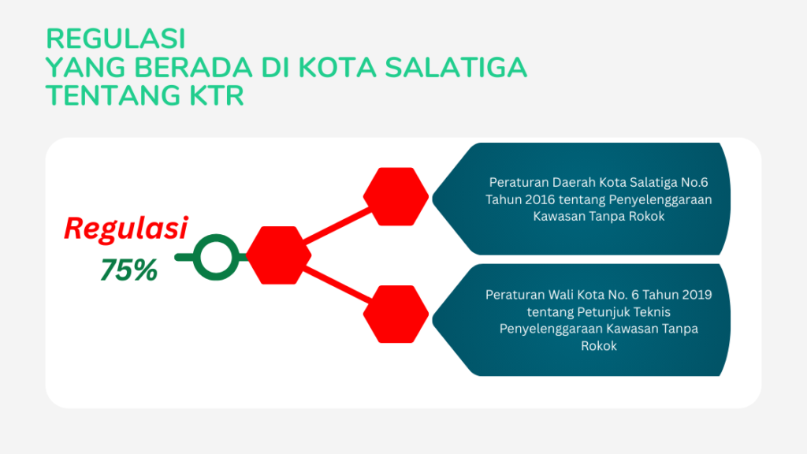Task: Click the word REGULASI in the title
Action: (x=115, y=39)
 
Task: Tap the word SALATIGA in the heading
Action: (x=456, y=68)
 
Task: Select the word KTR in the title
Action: (x=217, y=95)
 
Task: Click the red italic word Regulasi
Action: (x=126, y=229)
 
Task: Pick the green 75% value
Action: (x=128, y=270)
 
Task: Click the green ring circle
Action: (x=216, y=258)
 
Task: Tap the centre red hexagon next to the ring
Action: (x=278, y=255)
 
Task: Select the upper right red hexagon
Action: (x=396, y=196)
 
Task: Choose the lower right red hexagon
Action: (x=396, y=314)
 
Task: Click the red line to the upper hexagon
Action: (x=337, y=225)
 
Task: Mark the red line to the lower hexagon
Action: (x=337, y=285)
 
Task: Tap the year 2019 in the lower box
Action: (x=697, y=295)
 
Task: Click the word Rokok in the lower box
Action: (x=599, y=346)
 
